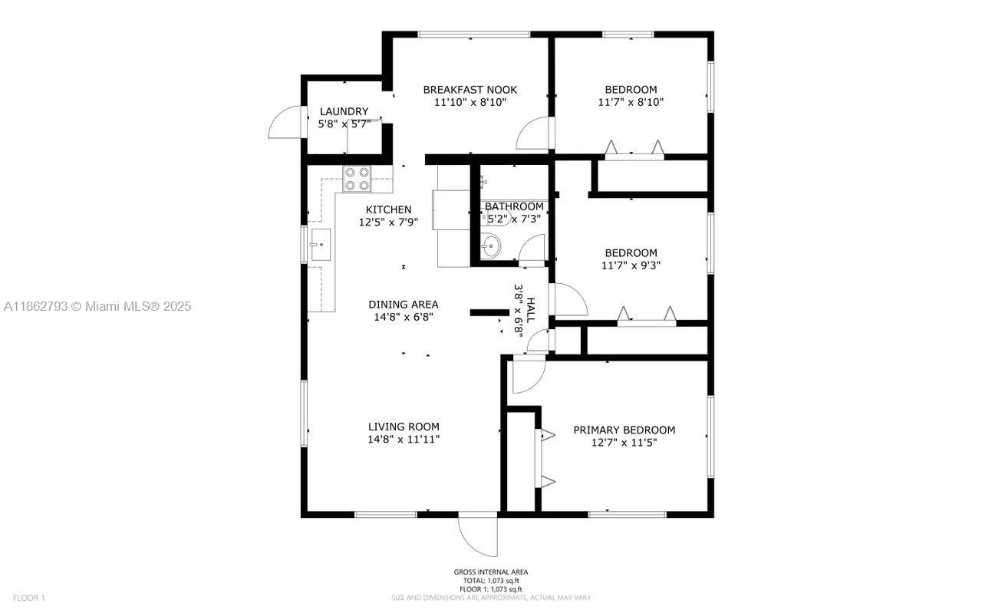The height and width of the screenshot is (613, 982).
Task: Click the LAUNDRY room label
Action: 344,111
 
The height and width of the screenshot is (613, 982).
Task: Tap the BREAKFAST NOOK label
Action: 470,90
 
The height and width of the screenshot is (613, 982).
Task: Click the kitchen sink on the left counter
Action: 319,246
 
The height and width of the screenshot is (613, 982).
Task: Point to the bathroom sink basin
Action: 490,246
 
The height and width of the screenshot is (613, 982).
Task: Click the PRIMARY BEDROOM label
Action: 624,430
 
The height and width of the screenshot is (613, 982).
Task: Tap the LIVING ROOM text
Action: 404,427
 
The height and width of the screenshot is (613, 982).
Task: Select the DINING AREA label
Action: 404,305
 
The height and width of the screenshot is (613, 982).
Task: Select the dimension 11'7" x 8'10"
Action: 631,101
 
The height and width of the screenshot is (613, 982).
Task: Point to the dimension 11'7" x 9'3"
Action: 631,265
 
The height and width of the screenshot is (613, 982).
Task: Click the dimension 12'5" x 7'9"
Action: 388,222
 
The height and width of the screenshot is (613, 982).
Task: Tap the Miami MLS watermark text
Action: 97,306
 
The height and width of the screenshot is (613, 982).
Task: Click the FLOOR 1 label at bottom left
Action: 29,598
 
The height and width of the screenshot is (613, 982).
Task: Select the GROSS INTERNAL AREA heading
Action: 491,572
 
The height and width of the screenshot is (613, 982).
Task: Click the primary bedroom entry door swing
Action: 529,374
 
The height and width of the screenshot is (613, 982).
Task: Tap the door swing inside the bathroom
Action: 532,249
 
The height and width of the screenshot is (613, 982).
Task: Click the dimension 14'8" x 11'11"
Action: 404,440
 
